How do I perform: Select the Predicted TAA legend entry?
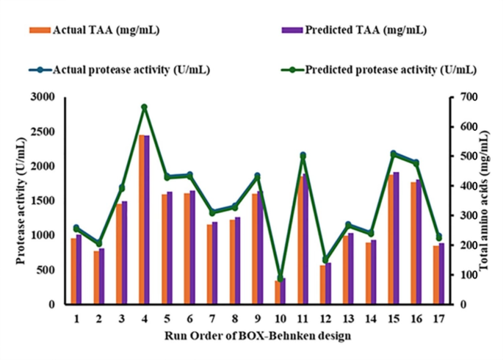tap(352, 30)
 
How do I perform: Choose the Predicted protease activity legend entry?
tap(382, 70)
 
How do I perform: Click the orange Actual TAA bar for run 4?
tap(142, 220)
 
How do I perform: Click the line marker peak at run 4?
tap(145, 107)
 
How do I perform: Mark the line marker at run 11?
tap(303, 156)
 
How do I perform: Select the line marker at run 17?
tap(439, 237)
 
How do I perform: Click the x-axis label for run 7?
tap(211, 319)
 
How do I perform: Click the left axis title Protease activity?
tap(21, 200)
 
